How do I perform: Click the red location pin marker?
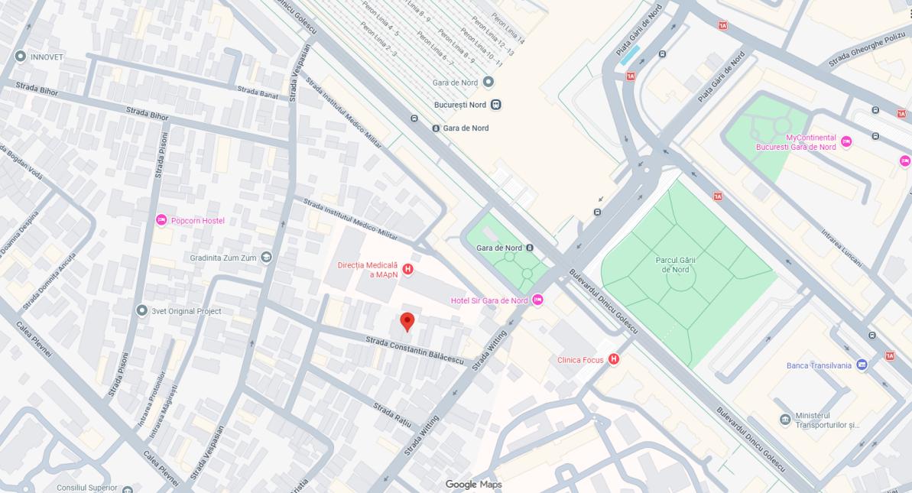click(x=407, y=321)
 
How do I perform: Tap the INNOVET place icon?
click(x=21, y=57)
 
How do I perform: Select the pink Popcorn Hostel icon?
click(x=161, y=220)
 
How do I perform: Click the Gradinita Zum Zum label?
click(x=223, y=258)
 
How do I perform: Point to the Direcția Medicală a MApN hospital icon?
click(x=408, y=269)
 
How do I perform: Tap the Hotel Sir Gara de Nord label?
click(x=489, y=300)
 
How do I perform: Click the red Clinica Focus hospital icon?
click(x=613, y=359)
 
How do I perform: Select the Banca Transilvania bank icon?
click(x=862, y=365)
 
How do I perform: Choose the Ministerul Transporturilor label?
click(x=826, y=420)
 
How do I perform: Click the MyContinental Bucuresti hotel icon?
click(x=845, y=141)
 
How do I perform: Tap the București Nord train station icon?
click(x=496, y=105)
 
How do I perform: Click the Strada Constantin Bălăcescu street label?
click(x=414, y=349)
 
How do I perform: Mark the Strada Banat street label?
click(x=258, y=93)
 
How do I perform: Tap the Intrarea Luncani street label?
click(x=842, y=248)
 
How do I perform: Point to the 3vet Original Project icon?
click(x=141, y=310)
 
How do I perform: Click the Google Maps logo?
click(x=473, y=484)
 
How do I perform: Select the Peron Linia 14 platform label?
click(x=508, y=28)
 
